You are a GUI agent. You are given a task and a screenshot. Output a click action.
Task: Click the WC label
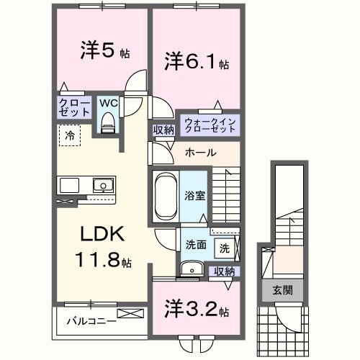click(x=109, y=104)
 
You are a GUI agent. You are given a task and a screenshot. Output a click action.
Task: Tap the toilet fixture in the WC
click(x=109, y=123)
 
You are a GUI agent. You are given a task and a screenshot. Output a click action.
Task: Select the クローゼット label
click(x=75, y=109)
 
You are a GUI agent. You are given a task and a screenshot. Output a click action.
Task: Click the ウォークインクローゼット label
click(x=210, y=123)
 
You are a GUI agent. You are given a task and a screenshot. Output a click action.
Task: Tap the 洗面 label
click(x=196, y=245)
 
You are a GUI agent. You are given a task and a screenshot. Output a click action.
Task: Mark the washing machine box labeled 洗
click(x=225, y=248)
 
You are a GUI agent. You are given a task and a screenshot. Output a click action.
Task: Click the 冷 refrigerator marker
click(x=70, y=135)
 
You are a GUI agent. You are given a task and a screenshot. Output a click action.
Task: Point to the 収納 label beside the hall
click(x=163, y=130)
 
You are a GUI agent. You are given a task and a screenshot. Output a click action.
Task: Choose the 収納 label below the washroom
click(x=225, y=271)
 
